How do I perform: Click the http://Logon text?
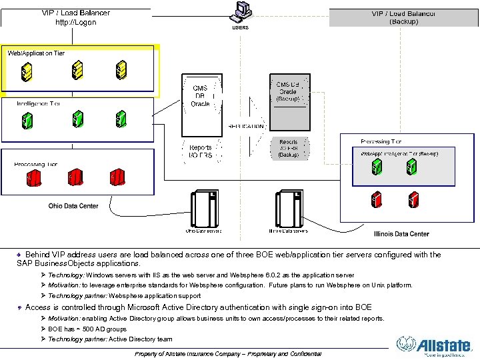coord(75,22)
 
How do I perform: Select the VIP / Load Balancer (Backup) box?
coord(404,17)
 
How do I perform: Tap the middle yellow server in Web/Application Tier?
coord(78,69)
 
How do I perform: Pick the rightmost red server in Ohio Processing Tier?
coord(119,178)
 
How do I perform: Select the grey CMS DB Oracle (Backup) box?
coord(288,93)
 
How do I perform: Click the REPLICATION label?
coord(246,125)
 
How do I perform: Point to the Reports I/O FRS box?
coord(201,151)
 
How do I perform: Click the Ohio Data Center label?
coord(73,206)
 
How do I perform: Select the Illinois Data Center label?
coord(401,234)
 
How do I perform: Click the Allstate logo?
coord(434,345)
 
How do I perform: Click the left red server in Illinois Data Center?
coord(377,198)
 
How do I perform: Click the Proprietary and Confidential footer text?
coord(228,353)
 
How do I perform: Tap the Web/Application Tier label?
coord(36,53)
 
